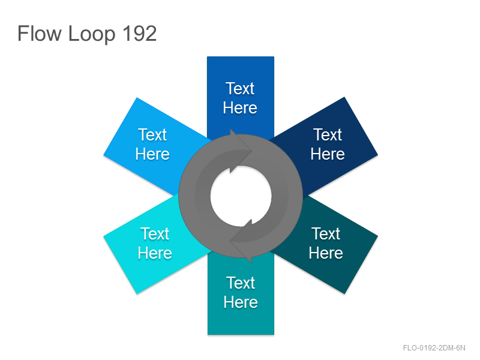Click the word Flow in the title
click(40, 34)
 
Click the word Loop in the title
click(92, 35)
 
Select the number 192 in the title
click(140, 34)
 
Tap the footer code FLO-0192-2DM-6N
click(434, 348)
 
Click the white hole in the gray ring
click(241, 196)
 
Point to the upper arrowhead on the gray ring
click(241, 151)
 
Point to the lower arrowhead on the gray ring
click(241, 241)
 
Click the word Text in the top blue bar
click(240, 88)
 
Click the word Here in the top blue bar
click(240, 108)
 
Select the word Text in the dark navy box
click(328, 134)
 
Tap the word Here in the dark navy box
click(328, 154)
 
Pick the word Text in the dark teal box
click(326, 234)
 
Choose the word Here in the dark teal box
click(326, 253)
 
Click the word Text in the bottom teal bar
click(241, 283)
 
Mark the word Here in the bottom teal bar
click(241, 302)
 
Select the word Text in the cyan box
click(155, 234)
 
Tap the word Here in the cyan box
click(155, 253)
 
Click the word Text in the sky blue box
click(152, 134)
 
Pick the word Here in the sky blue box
click(152, 154)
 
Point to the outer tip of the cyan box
click(104, 236)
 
